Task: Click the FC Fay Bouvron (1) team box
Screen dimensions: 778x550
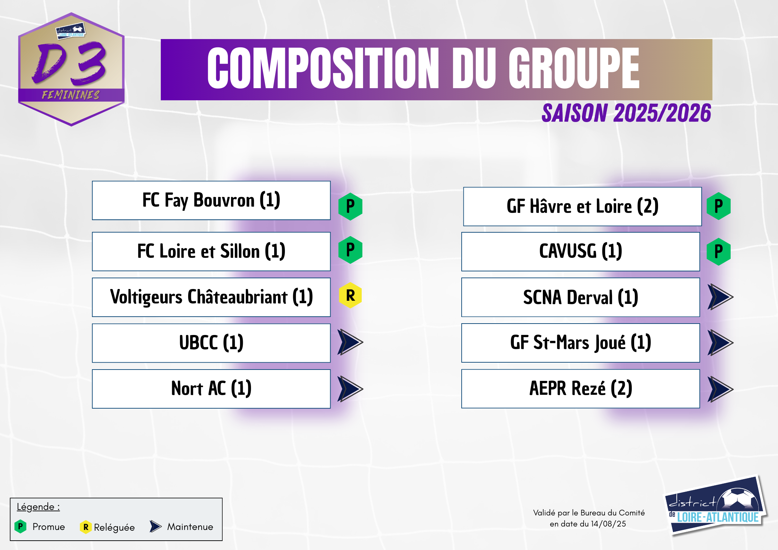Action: click(211, 201)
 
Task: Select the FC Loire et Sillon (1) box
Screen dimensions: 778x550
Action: click(211, 251)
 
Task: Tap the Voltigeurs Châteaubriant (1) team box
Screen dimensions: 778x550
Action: click(211, 297)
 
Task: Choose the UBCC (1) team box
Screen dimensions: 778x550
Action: click(211, 343)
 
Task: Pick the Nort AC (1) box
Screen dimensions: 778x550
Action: click(211, 389)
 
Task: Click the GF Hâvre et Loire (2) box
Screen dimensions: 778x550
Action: click(582, 207)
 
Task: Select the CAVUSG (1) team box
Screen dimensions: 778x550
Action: click(581, 251)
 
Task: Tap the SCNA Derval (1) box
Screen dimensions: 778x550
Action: click(581, 297)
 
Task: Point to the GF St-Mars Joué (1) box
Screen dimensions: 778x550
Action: click(581, 343)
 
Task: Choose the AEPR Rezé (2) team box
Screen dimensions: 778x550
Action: click(581, 389)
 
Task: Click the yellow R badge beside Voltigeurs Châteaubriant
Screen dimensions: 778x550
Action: click(350, 295)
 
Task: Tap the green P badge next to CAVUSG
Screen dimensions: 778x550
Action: click(719, 252)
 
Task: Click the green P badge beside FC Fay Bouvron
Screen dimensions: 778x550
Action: click(350, 206)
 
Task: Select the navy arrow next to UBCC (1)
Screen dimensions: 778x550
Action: click(350, 342)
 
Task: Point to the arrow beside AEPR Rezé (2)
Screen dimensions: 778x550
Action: click(720, 389)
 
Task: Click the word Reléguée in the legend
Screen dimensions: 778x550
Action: click(114, 528)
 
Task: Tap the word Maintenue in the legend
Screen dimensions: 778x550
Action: click(190, 527)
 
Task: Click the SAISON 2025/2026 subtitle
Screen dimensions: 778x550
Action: click(626, 113)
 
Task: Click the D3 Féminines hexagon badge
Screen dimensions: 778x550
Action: click(71, 69)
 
